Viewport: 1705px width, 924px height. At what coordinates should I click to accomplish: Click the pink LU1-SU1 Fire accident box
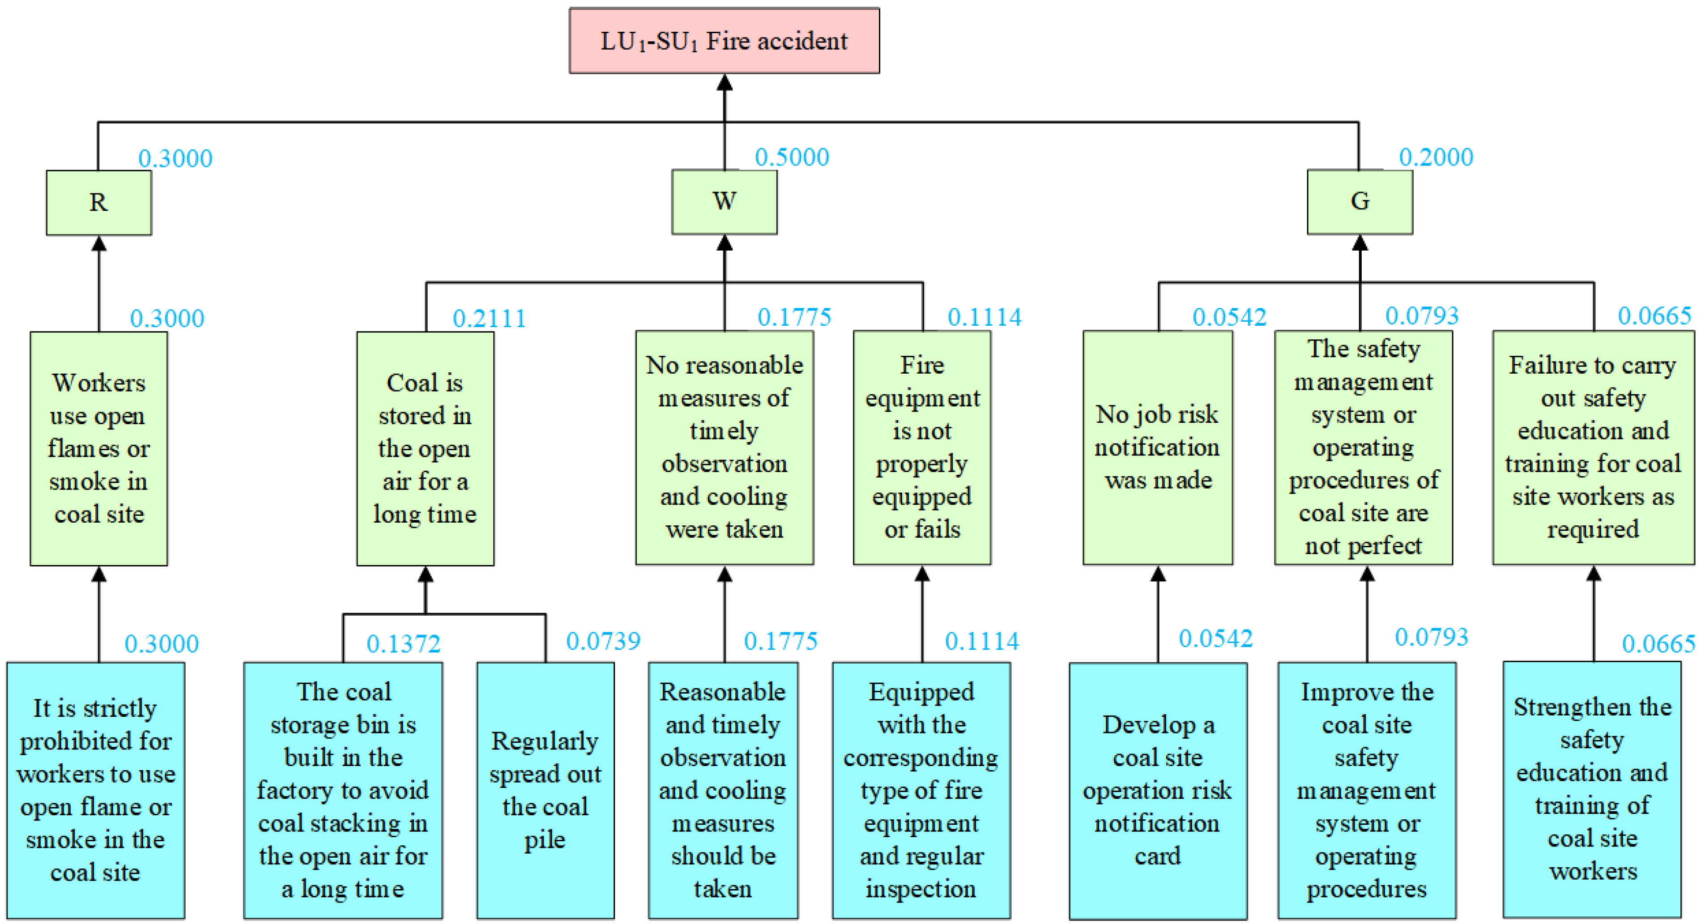(x=724, y=41)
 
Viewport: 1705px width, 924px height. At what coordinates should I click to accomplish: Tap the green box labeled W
(x=724, y=201)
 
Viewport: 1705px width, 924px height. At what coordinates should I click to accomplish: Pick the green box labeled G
(x=1360, y=201)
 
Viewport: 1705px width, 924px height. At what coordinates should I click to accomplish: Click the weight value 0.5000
(x=792, y=158)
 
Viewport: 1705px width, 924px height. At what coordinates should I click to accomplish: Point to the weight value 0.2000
(x=1436, y=158)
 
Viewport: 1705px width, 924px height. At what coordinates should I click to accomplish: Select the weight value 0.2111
(x=489, y=319)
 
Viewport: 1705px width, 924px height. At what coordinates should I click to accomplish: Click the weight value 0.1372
(x=403, y=643)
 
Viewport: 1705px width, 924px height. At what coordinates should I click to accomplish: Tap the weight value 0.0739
(x=603, y=641)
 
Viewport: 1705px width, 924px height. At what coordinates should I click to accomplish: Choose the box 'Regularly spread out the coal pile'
(x=546, y=790)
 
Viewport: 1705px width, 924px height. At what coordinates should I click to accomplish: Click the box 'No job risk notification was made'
(x=1158, y=448)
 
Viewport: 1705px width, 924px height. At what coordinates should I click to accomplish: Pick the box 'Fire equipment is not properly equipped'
(x=922, y=448)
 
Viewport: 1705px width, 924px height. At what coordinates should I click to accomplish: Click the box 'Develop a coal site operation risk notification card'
(x=1158, y=790)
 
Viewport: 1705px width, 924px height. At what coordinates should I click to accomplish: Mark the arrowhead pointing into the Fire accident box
(x=725, y=83)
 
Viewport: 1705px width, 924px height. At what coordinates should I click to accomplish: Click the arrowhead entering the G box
(x=1360, y=243)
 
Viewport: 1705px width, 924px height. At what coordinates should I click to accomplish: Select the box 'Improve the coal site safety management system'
(x=1366, y=790)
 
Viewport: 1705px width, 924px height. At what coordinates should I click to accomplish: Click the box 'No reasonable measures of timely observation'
(x=724, y=448)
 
